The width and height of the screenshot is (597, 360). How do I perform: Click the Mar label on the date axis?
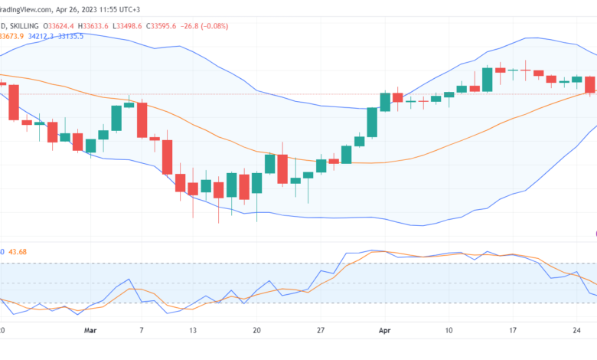tap(91, 330)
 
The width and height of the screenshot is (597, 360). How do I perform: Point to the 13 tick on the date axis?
tap(193, 330)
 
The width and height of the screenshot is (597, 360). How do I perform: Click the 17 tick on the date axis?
tap(512, 330)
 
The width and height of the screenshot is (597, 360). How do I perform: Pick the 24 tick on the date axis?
tap(576, 330)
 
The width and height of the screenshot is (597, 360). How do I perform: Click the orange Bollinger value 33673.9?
tap(12, 35)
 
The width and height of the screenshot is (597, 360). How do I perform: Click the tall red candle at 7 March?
tap(142, 119)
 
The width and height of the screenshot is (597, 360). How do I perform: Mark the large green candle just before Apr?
tap(372, 122)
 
